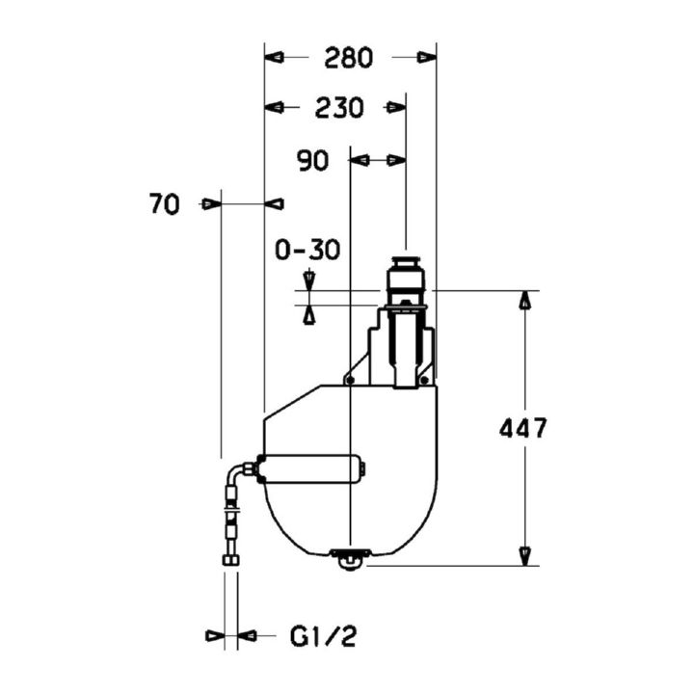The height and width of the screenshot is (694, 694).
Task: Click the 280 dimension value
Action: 348,58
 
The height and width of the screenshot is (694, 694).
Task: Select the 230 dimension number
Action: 339,108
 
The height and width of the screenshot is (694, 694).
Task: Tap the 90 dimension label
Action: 313,161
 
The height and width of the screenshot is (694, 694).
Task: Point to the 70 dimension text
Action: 165,204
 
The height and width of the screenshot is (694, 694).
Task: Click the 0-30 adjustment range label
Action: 307,250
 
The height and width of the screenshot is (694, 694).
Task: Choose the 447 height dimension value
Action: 523,428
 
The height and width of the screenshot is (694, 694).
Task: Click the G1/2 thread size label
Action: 323,637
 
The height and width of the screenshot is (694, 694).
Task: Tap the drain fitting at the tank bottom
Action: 350,558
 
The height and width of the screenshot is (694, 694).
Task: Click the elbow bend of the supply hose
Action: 235,473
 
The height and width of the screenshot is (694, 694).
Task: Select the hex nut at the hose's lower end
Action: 231,560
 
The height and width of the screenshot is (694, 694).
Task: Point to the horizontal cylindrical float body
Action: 312,468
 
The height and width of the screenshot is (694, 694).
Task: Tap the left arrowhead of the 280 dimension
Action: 274,58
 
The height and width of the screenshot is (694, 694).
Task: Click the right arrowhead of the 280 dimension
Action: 427,58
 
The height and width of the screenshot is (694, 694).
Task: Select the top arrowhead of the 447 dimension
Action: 525,300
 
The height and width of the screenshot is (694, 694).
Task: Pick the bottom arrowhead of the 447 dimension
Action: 525,556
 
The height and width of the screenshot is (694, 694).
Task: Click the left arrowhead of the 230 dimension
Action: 274,107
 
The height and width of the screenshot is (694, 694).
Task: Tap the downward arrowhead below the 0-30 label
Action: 309,281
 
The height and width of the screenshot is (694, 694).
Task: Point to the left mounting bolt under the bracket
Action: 351,380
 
